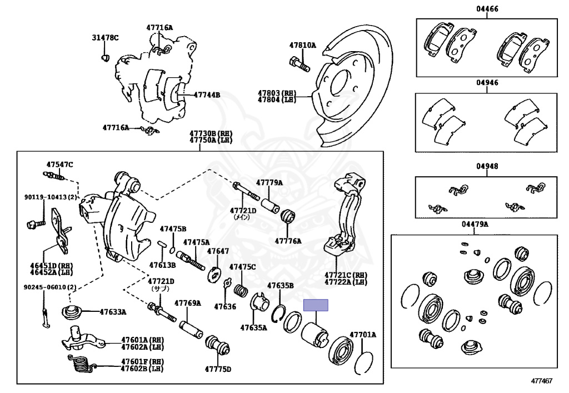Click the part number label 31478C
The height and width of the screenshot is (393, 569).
pyautogui.click(x=105, y=38)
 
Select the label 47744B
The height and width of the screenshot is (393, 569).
pyautogui.click(x=207, y=95)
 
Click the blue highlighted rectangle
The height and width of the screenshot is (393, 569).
pyautogui.click(x=316, y=305)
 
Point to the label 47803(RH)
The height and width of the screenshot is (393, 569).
pyautogui.click(x=277, y=93)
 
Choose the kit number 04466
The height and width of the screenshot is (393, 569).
pyautogui.click(x=487, y=9)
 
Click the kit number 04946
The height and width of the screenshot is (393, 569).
pyautogui.click(x=487, y=82)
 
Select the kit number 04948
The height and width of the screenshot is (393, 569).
pyautogui.click(x=487, y=166)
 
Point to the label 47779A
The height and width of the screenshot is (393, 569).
pyautogui.click(x=269, y=182)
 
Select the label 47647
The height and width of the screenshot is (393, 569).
pyautogui.click(x=218, y=251)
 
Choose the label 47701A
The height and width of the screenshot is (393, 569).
pyautogui.click(x=362, y=335)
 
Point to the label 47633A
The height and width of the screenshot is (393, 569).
pyautogui.click(x=113, y=312)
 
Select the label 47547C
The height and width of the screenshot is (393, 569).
pyautogui.click(x=59, y=165)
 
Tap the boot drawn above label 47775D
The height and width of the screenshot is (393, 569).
pyautogui.click(x=218, y=346)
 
